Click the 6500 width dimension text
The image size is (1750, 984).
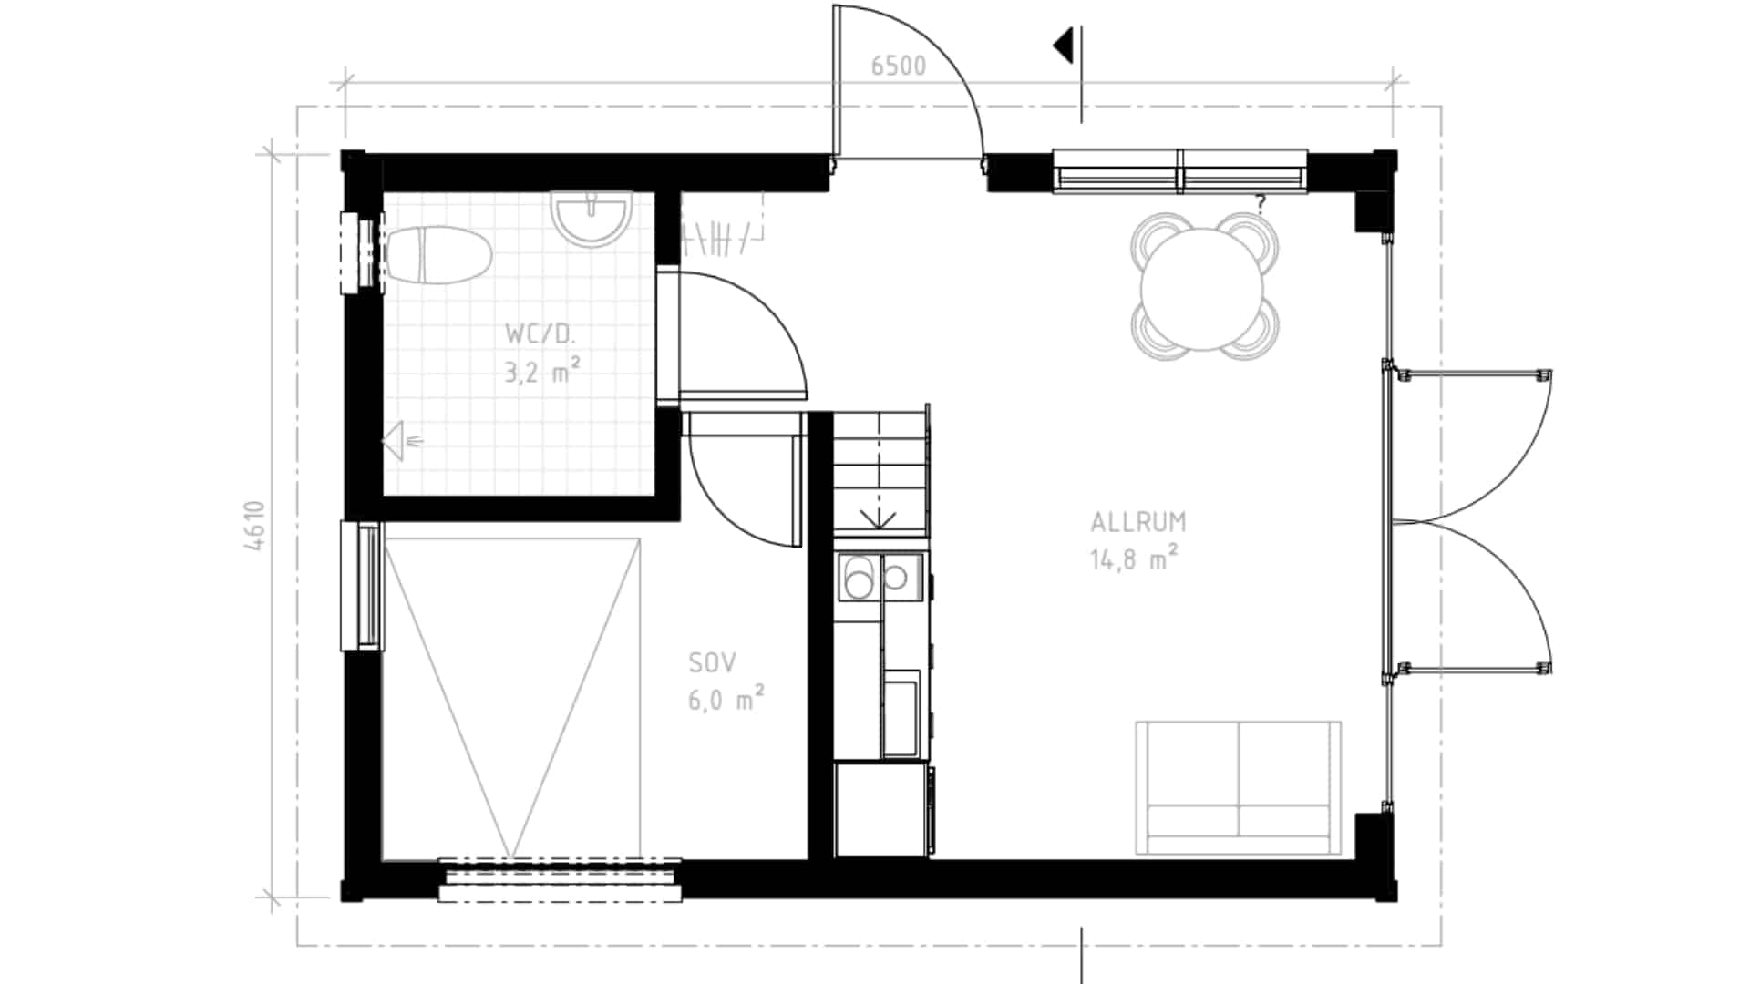tap(898, 67)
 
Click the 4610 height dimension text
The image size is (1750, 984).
tap(255, 526)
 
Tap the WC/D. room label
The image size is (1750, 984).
tap(540, 333)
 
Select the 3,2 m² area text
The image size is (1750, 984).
tap(543, 370)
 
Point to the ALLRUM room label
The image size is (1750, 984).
tap(1138, 522)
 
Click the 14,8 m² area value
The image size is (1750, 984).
tap(1135, 557)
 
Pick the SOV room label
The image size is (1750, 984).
tap(713, 663)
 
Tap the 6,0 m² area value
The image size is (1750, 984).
tap(726, 698)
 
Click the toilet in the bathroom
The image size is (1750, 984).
tap(437, 254)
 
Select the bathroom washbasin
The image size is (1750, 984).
tap(592, 218)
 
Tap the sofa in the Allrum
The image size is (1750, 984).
tap(1239, 788)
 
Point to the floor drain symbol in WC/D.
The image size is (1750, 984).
tap(402, 442)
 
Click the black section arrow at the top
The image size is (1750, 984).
tap(1063, 46)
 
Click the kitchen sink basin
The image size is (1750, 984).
tap(901, 713)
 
